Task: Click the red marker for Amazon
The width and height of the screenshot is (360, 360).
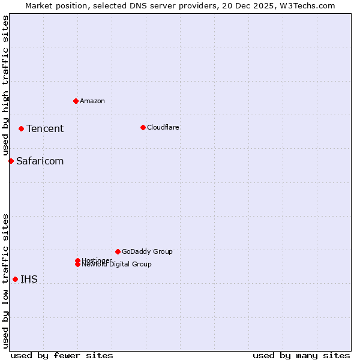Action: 76,101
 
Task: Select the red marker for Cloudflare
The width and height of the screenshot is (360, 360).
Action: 143,127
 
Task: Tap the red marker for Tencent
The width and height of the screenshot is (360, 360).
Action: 21,128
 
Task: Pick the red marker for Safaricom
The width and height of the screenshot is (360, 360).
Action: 11,161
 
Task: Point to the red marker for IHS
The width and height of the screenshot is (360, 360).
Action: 15,279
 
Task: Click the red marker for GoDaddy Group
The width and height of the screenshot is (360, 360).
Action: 118,251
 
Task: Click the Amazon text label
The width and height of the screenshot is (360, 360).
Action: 92,101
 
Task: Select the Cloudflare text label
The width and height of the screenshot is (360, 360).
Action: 163,127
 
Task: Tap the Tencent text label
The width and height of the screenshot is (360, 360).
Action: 45,128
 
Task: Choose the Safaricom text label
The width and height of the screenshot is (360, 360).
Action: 40,161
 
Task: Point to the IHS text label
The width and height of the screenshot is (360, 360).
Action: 29,279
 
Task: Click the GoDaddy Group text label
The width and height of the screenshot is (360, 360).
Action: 147,251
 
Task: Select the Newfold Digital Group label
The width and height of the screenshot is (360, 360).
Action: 117,265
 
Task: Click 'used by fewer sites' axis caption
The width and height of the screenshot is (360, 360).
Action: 62,355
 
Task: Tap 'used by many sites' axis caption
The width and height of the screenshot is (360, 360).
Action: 301,355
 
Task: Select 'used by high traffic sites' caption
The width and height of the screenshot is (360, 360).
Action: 5,86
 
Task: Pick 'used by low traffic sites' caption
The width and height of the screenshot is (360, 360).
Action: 5,281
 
